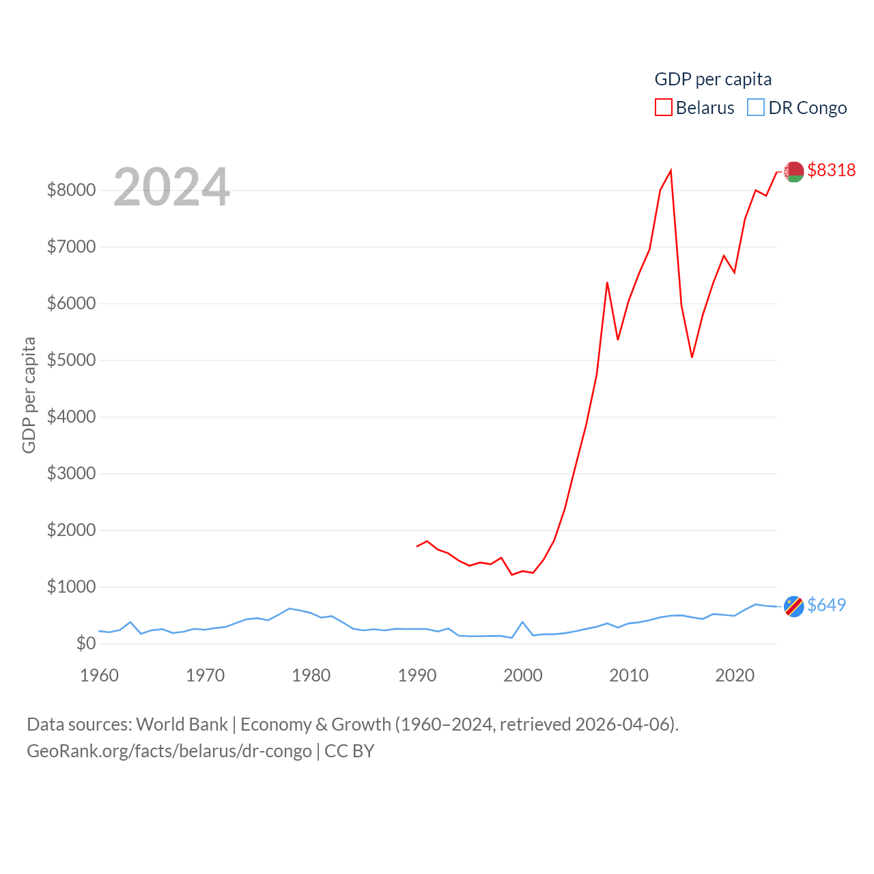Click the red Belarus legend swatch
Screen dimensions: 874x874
pyautogui.click(x=663, y=108)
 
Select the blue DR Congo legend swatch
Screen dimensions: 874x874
pyautogui.click(x=756, y=108)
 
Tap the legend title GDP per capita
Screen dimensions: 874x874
pyautogui.click(x=713, y=79)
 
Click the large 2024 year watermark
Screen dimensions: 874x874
pyautogui.click(x=171, y=187)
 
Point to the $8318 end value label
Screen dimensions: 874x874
pyautogui.click(x=831, y=170)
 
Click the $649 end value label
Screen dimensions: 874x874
pyautogui.click(x=826, y=605)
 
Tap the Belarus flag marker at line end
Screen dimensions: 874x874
pyautogui.click(x=793, y=171)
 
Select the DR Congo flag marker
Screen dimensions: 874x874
pyautogui.click(x=793, y=606)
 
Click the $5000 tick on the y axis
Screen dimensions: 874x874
pyautogui.click(x=71, y=360)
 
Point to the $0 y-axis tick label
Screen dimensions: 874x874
pyautogui.click(x=86, y=643)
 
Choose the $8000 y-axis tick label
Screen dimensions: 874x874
pyautogui.click(x=71, y=190)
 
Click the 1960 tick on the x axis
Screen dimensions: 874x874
pyautogui.click(x=100, y=675)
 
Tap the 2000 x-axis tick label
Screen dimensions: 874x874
pyautogui.click(x=523, y=675)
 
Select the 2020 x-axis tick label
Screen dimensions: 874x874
pyautogui.click(x=735, y=675)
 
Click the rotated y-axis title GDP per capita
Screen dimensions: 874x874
pyautogui.click(x=29, y=395)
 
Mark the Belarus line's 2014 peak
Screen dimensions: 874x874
pyautogui.click(x=671, y=170)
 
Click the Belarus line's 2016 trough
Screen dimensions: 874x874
pyautogui.click(x=692, y=357)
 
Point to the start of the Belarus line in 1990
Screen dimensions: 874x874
pyautogui.click(x=417, y=546)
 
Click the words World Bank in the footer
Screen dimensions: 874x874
pyautogui.click(x=182, y=724)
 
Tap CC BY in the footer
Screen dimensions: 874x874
pyautogui.click(x=349, y=751)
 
